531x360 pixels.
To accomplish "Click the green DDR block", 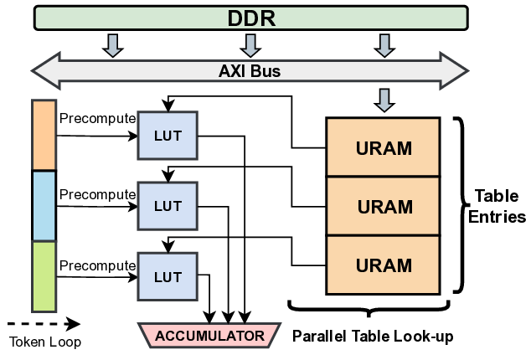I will pyautogui.click(x=250, y=18).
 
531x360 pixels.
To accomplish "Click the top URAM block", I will pyautogui.click(x=384, y=148).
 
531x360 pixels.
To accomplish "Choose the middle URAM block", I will pyautogui.click(x=384, y=205).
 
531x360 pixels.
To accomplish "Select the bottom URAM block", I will pyautogui.click(x=384, y=265).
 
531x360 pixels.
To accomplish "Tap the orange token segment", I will pyautogui.click(x=44, y=135).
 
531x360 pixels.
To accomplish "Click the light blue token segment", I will pyautogui.click(x=44, y=205).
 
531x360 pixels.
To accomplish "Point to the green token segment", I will pyautogui.click(x=44, y=275).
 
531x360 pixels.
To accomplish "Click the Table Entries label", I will pyautogui.click(x=499, y=206).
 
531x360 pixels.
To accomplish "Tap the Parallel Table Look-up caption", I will pyautogui.click(x=373, y=337).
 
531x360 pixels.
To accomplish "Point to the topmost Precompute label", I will pyautogui.click(x=97, y=118).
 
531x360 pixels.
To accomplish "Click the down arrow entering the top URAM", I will pyautogui.click(x=384, y=100).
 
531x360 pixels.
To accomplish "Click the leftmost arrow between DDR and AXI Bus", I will pyautogui.click(x=112, y=44).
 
